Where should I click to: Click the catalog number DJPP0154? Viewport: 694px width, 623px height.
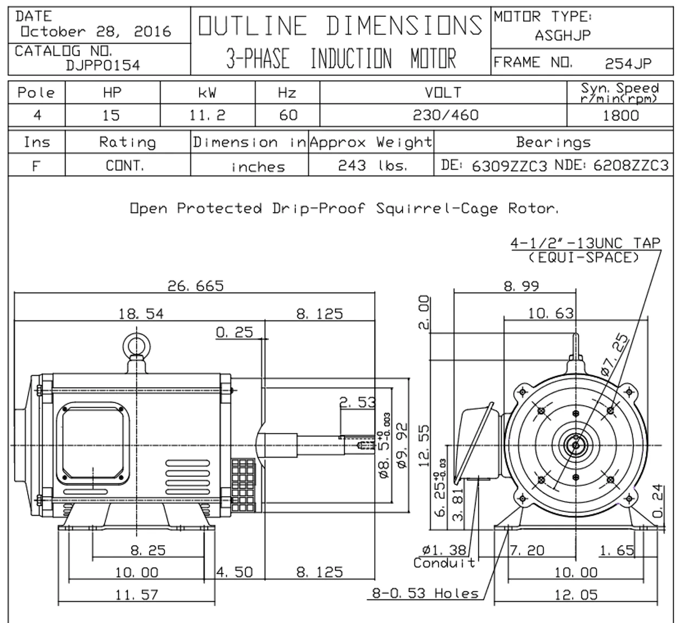[x=102, y=66]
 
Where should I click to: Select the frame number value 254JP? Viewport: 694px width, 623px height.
[x=628, y=64]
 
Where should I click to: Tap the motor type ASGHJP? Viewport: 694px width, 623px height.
[x=563, y=36]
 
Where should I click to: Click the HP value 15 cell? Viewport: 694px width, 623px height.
[x=112, y=115]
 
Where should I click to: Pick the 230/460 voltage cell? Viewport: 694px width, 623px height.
[x=445, y=115]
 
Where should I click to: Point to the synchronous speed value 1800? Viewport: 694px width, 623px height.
[x=621, y=115]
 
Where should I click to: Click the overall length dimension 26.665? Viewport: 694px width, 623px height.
[x=195, y=286]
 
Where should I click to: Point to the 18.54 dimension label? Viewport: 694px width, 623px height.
[x=141, y=313]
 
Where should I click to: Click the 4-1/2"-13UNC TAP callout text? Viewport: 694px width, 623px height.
[x=585, y=243]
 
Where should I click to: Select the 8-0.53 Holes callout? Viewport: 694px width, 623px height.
[x=425, y=593]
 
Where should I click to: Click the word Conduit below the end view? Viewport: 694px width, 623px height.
[x=444, y=563]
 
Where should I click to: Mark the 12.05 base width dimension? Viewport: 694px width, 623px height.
[x=576, y=595]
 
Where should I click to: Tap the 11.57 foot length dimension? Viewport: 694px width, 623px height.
[x=137, y=595]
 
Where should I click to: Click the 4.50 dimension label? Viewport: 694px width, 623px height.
[x=234, y=573]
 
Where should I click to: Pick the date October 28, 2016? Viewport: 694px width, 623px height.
[x=95, y=31]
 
